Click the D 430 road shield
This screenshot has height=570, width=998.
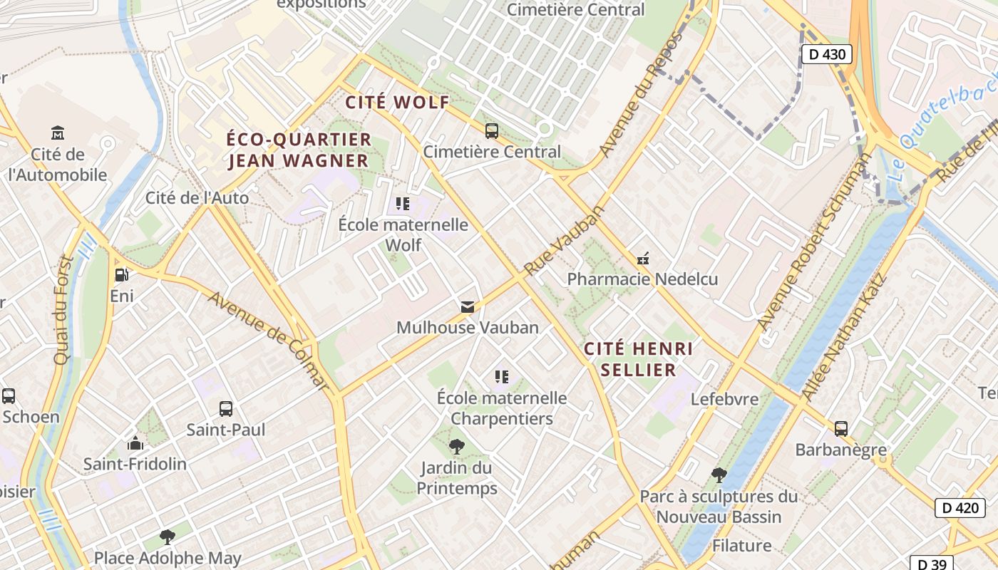826,54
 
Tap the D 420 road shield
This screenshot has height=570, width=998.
960,508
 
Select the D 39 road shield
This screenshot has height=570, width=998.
931,564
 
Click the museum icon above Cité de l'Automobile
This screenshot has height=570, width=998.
58,133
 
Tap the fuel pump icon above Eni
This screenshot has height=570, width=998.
122,274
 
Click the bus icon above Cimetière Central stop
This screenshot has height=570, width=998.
492,130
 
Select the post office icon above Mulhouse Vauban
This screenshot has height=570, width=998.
467,307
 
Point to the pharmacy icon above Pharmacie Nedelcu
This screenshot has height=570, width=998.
643,259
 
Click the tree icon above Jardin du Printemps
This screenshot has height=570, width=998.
456,447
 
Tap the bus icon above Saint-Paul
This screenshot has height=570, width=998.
226,409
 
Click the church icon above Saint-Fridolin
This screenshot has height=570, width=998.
135,443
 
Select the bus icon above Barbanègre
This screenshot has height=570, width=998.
841,429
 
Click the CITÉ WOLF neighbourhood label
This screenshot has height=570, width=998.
398,103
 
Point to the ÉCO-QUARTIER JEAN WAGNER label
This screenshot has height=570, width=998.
299,150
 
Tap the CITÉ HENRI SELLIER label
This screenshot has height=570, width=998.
638,359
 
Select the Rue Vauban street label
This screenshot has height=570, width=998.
564,241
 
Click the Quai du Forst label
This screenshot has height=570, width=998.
63,310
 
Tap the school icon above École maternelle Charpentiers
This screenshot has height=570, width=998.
502,376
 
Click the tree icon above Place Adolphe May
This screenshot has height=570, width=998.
168,537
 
